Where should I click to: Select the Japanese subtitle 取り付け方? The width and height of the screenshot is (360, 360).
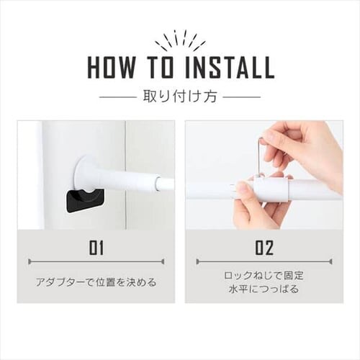pos(180,96)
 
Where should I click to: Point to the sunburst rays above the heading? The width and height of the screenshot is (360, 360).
pos(181,41)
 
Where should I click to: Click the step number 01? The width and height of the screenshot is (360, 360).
pos(96,248)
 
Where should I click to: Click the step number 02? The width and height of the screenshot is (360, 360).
pos(264,248)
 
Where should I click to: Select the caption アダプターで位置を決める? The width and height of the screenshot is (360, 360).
pos(96,282)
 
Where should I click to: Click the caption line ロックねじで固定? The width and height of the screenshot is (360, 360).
pos(264,276)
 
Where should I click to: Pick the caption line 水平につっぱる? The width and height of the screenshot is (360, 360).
pos(264,289)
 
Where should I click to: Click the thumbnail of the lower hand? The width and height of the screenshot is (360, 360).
pos(243,188)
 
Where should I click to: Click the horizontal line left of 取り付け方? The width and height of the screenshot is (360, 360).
pos(117,97)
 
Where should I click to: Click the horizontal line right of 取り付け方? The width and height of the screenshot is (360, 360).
pos(242,97)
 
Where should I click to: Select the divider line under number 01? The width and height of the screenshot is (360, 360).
pos(96,261)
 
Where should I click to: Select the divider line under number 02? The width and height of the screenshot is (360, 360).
pos(264,261)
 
